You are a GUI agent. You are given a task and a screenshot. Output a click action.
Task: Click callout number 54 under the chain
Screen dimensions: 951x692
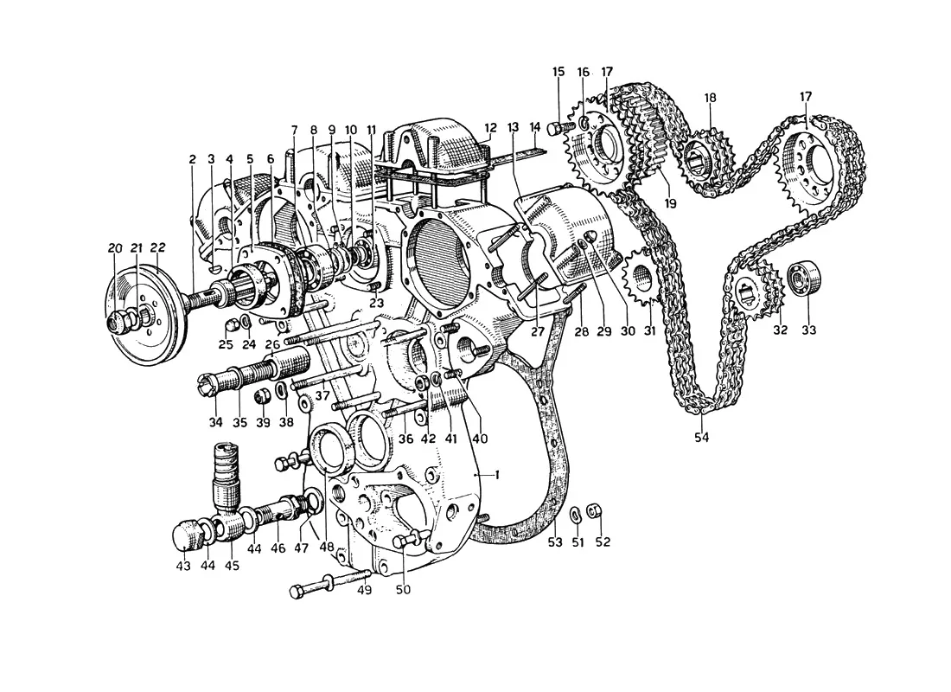702,437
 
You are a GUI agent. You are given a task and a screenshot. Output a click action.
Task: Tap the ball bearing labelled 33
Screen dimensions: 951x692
803,279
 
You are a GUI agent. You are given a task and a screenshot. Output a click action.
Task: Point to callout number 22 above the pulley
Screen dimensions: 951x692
157,247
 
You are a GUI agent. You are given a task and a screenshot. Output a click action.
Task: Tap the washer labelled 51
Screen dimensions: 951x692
575,515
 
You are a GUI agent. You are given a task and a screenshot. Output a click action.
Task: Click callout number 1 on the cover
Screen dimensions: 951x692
497,475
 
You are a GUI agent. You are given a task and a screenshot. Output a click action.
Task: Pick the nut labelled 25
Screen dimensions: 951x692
231,326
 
